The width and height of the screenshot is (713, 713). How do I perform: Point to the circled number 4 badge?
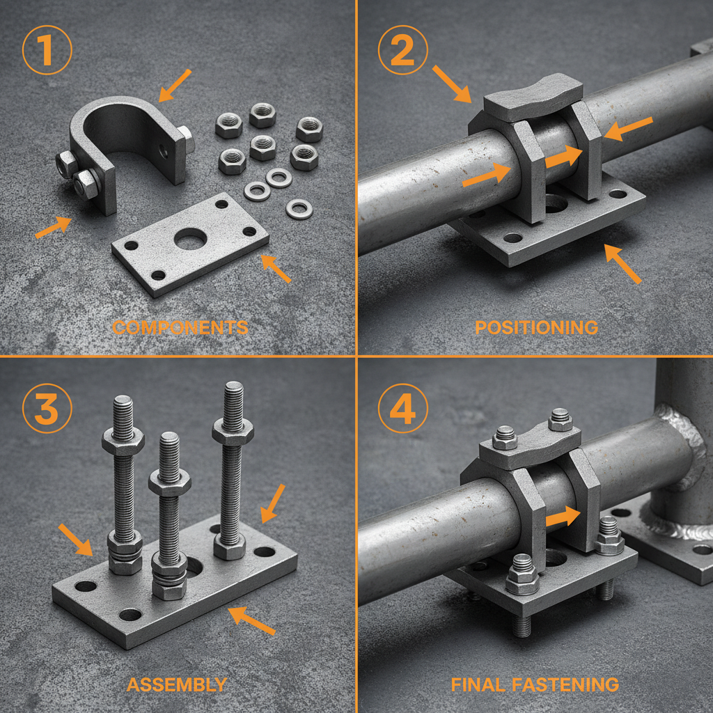tap(402, 410)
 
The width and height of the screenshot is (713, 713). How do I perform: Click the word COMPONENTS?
tap(180, 327)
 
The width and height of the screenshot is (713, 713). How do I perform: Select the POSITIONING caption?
tap(536, 327)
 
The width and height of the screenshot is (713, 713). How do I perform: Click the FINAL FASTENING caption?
tap(535, 684)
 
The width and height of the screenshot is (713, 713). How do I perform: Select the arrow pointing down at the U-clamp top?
tap(175, 84)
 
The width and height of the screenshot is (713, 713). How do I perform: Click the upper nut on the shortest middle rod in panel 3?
tap(169, 482)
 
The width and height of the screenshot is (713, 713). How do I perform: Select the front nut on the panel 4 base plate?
tap(522, 574)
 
